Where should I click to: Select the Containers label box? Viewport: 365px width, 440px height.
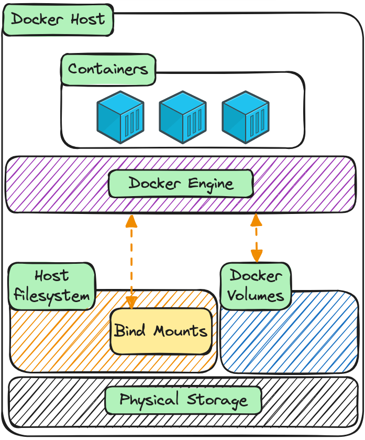tap(108, 69)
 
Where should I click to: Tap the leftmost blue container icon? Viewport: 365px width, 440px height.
tap(120, 117)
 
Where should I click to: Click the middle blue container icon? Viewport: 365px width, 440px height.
tap(183, 117)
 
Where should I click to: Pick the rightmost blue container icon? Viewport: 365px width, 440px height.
tap(246, 117)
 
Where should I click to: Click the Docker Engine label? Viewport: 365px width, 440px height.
tap(181, 184)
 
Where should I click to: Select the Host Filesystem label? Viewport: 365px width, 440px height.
tap(52, 286)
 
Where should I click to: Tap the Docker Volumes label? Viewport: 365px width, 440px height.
tap(256, 285)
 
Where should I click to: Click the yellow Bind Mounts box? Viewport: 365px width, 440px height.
tap(161, 331)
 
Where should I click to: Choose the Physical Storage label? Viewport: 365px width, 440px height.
tap(183, 401)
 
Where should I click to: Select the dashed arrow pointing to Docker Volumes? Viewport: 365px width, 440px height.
tap(256, 239)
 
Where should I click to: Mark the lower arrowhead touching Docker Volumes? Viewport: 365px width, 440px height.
tap(256, 256)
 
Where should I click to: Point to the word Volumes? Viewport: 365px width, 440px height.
tap(256, 295)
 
